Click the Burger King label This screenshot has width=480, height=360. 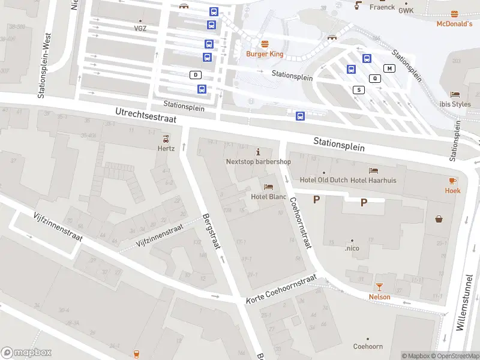[265, 54]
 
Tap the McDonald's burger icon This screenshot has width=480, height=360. [454, 13]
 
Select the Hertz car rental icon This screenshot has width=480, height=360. [166, 139]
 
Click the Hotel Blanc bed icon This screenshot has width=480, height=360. [268, 187]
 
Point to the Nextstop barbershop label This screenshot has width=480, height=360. [258, 161]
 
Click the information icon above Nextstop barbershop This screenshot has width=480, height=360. [259, 151]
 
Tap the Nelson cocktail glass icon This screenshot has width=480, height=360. [379, 287]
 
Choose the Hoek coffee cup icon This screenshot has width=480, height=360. [453, 180]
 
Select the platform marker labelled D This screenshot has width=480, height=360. [195, 75]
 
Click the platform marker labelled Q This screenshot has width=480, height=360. [376, 78]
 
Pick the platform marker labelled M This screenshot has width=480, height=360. [389, 68]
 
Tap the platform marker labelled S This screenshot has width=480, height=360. [359, 90]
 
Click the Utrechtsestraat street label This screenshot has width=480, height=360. [146, 115]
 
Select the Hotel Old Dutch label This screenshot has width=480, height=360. [323, 181]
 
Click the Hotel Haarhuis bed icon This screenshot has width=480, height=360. [373, 171]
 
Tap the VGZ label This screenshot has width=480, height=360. [140, 28]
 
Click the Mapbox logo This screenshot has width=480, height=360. [26, 353]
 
